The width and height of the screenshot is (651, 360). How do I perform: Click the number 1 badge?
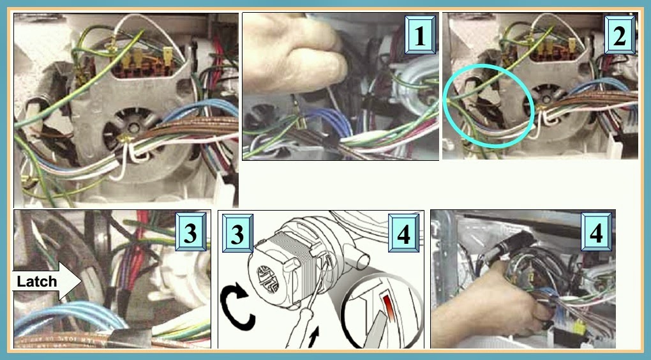[x=419, y=38]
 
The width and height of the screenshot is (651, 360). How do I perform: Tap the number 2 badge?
[x=619, y=38]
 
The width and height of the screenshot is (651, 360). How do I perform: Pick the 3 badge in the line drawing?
[x=237, y=234]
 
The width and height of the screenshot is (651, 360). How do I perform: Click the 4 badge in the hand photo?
[x=596, y=234]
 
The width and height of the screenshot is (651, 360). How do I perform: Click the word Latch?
[x=37, y=281]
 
